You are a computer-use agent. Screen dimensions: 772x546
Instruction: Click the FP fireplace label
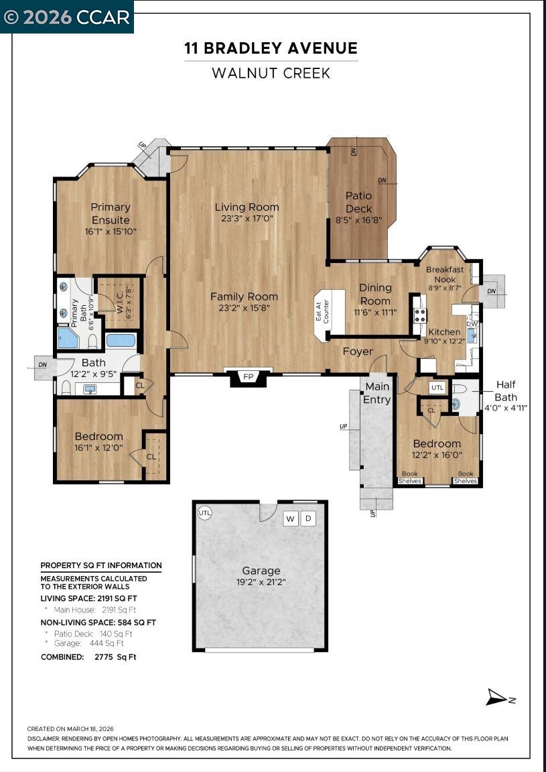[249, 376]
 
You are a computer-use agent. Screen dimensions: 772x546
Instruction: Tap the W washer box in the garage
[290, 518]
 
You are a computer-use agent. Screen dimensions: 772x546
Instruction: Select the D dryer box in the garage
[308, 518]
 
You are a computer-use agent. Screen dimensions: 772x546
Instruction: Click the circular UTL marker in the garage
[205, 512]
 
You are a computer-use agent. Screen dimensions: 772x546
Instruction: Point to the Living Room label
[247, 207]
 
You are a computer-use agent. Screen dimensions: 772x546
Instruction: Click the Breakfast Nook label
[444, 274]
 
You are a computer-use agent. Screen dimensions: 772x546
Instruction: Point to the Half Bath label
[506, 390]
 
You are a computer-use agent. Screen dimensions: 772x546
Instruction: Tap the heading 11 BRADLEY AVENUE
[271, 48]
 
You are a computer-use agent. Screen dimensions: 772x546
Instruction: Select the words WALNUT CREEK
[271, 73]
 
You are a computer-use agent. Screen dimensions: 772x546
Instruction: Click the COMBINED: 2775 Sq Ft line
[88, 657]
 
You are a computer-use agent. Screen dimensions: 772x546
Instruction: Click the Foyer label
[358, 351]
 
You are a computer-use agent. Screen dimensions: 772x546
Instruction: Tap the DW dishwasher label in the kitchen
[472, 323]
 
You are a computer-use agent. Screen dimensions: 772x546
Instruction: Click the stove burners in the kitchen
[420, 315]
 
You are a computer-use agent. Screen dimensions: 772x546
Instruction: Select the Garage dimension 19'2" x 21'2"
[261, 582]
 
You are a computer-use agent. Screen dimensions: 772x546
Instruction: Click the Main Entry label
[377, 393]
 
